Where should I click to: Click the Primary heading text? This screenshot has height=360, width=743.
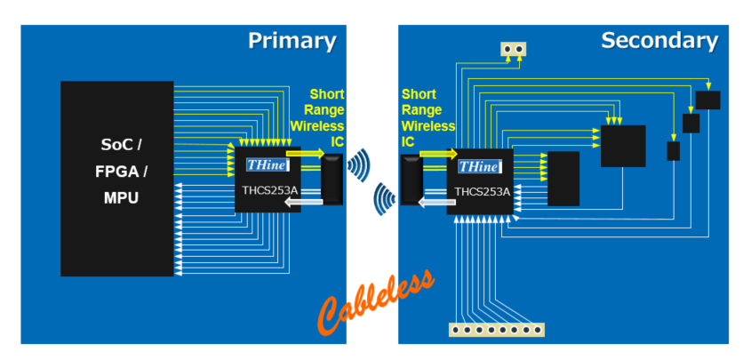tap(292, 41)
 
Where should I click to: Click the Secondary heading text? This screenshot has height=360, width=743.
tap(659, 41)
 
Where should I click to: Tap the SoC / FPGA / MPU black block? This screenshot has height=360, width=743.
tap(117, 178)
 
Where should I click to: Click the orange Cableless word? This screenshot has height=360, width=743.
tap(377, 302)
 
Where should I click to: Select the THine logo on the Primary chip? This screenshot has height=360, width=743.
tap(266, 164)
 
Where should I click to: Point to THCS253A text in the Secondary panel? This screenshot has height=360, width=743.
tap(482, 190)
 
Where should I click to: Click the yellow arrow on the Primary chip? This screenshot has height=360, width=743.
tap(306, 154)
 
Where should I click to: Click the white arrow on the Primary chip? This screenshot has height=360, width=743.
tap(301, 204)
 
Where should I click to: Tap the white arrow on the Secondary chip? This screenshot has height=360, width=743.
tap(435, 203)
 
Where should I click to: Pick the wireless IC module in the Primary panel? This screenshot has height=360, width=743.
tap(332, 179)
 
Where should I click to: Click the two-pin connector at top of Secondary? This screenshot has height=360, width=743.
tap(513, 49)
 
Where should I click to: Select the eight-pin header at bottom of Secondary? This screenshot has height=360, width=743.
tap(496, 330)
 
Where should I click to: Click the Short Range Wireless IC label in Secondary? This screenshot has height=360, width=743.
tap(427, 116)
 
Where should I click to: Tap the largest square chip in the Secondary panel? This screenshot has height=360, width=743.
tap(623, 146)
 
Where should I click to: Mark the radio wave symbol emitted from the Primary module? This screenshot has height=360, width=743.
tap(358, 164)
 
